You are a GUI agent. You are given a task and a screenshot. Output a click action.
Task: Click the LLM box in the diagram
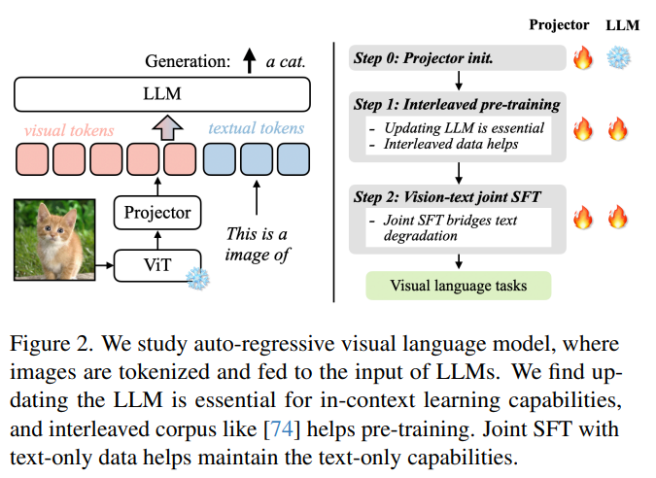162,94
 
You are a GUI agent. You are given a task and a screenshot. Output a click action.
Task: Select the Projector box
157,213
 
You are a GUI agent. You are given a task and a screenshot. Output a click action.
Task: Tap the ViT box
157,265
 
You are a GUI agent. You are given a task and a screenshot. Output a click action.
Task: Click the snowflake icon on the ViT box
198,279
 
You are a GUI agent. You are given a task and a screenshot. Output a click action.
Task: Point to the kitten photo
54,240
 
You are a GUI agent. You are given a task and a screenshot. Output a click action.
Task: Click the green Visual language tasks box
459,286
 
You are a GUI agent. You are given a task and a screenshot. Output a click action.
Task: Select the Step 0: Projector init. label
424,57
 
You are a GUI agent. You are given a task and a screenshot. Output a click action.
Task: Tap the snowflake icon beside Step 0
619,57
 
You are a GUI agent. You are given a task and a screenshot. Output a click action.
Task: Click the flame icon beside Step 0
583,57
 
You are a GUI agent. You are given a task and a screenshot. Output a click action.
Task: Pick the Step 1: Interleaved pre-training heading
457,105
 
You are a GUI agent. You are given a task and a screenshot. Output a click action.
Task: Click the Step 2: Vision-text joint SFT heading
447,197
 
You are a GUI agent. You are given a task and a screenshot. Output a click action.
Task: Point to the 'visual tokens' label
69,130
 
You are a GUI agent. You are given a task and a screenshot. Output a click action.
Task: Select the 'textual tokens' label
256,128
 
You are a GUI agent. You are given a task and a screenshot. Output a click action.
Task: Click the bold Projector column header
559,25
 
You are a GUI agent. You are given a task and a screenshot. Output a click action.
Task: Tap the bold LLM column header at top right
623,25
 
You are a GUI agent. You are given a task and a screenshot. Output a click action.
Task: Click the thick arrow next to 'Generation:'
250,60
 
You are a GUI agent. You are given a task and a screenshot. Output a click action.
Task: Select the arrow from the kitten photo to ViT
105,265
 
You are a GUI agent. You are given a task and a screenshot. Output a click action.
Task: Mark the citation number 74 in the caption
282,429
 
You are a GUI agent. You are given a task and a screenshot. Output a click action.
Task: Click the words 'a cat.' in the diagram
286,62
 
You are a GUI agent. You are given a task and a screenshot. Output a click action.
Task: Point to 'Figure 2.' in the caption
51,345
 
